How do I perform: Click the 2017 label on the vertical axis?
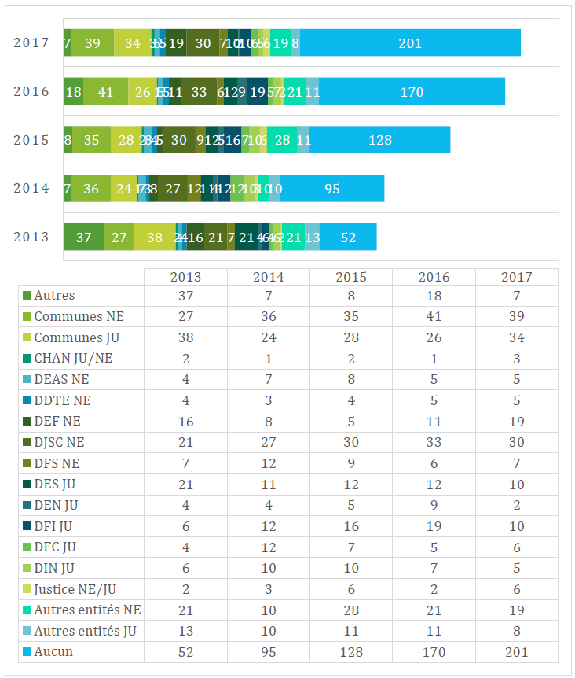[31, 42]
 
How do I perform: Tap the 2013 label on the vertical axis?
[31, 237]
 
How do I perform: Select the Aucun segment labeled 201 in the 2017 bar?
[410, 42]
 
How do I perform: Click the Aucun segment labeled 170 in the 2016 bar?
[412, 91]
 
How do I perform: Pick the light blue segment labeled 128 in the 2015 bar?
[379, 140]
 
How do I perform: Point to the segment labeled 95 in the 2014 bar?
[332, 189]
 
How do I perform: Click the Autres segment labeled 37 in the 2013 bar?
[83, 237]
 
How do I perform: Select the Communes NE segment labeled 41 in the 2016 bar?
[105, 91]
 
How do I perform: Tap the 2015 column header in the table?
[351, 277]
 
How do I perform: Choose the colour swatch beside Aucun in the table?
[27, 652]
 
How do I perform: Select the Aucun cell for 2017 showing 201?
[516, 652]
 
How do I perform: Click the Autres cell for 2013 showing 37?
[185, 296]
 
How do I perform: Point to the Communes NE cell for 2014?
[269, 316]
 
